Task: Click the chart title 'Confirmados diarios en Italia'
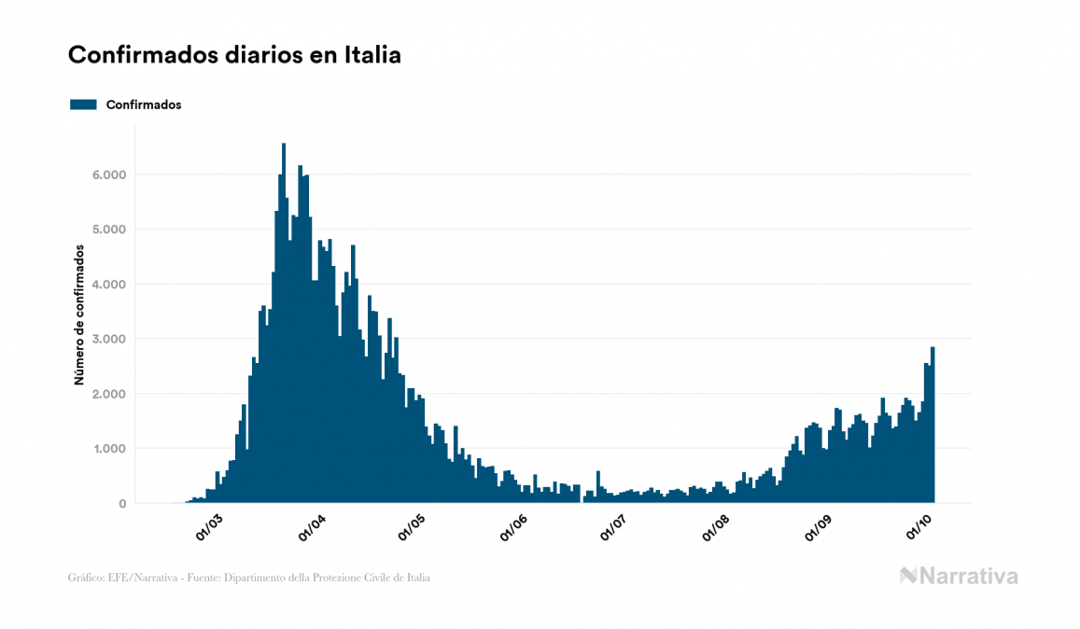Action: [234, 55]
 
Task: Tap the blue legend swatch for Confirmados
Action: [83, 105]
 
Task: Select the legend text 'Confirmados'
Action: [144, 105]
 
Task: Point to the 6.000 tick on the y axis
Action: [108, 175]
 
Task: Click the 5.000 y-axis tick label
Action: [108, 230]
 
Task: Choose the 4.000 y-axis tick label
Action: [108, 285]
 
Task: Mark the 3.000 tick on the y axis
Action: [108, 339]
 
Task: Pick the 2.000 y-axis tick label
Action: [108, 394]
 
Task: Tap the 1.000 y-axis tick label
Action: [108, 449]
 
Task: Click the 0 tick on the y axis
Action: [122, 504]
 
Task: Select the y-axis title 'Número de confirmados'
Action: [81, 315]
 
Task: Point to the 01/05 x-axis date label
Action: [412, 528]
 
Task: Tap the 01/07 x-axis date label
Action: [614, 528]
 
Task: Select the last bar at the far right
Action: [933, 426]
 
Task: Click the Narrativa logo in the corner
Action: [959, 576]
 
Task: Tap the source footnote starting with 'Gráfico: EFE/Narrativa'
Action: [249, 578]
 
